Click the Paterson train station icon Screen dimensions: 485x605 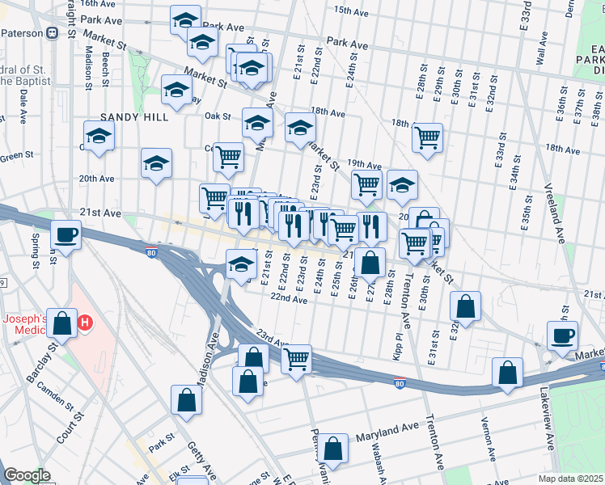pos(51,33)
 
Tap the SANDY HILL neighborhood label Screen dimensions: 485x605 pos(134,117)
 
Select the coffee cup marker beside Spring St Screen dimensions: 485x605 pos(66,235)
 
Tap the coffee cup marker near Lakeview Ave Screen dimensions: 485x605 pos(562,335)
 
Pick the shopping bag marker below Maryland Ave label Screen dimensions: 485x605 pos(332,448)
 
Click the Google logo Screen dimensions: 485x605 pos(26,475)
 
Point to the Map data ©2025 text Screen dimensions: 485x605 pos(570,479)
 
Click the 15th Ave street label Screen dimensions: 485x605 pos(353,11)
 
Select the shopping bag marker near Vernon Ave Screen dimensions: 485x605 pos(507,373)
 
